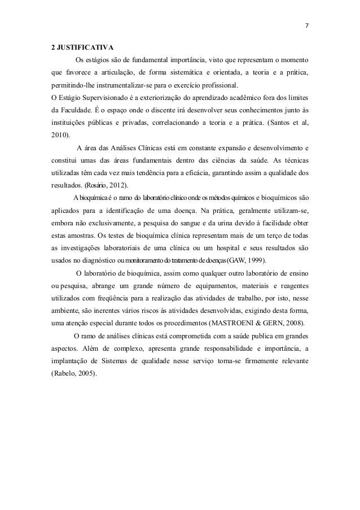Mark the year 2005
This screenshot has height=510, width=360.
coord(82,373)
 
